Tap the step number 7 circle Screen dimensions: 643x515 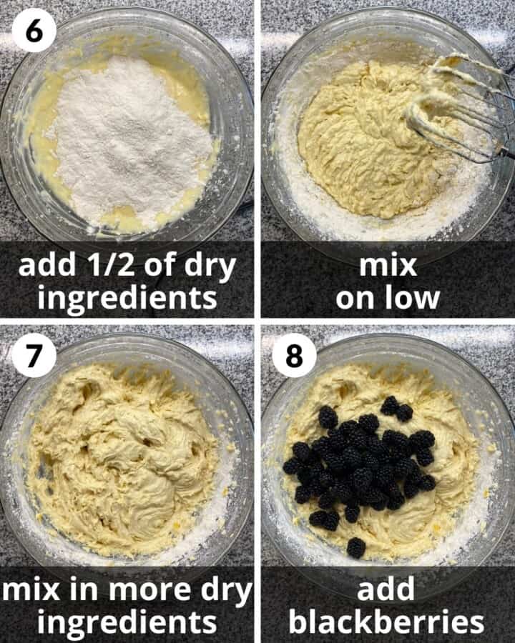point(34,355)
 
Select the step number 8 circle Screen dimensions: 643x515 point(294,355)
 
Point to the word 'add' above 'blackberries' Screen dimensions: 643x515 point(387,590)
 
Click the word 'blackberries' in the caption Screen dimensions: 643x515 point(387,622)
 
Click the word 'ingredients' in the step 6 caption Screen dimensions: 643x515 point(127,297)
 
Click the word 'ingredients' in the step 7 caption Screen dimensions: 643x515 point(127,622)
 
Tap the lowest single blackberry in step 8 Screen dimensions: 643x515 point(355,548)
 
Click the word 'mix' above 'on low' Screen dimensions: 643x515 point(387,266)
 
